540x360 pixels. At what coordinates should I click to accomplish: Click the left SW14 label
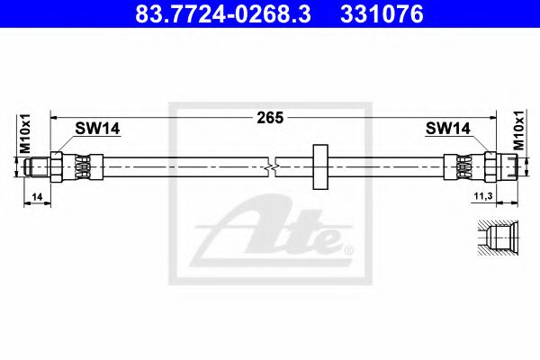pyautogui.click(x=96, y=130)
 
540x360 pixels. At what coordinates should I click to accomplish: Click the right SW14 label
pyautogui.click(x=447, y=130)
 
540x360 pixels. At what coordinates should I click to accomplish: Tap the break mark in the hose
pyautogui.click(x=274, y=166)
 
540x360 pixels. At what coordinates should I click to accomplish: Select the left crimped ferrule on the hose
pyautogui.click(x=80, y=166)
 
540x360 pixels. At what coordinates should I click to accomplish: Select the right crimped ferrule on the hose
pyautogui.click(x=462, y=166)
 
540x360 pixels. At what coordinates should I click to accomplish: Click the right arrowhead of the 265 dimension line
pyautogui.click(x=490, y=117)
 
